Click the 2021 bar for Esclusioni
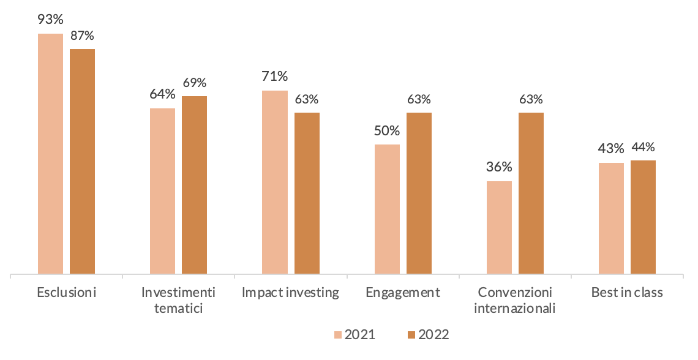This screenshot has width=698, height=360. (x=50, y=153)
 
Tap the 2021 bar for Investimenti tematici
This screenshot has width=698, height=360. (x=162, y=190)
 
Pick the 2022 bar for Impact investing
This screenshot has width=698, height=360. (x=307, y=193)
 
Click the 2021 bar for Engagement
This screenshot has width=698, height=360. (x=387, y=209)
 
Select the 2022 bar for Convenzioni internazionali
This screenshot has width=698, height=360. (x=531, y=193)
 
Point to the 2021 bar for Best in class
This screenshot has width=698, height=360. (x=611, y=218)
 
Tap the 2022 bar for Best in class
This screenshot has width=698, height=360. (x=643, y=217)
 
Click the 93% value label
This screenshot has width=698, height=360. (x=50, y=19)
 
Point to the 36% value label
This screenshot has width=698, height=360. (x=499, y=167)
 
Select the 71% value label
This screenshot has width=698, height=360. (x=274, y=77)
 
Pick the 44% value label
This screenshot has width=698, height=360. (x=643, y=146)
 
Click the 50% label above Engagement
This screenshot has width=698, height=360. (x=387, y=130)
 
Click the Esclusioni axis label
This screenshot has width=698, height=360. (x=67, y=293)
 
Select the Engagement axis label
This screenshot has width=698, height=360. (x=403, y=293)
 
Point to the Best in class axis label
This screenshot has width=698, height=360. (x=627, y=293)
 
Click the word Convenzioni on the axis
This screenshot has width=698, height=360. (x=515, y=293)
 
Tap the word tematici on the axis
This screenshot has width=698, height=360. (x=179, y=307)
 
